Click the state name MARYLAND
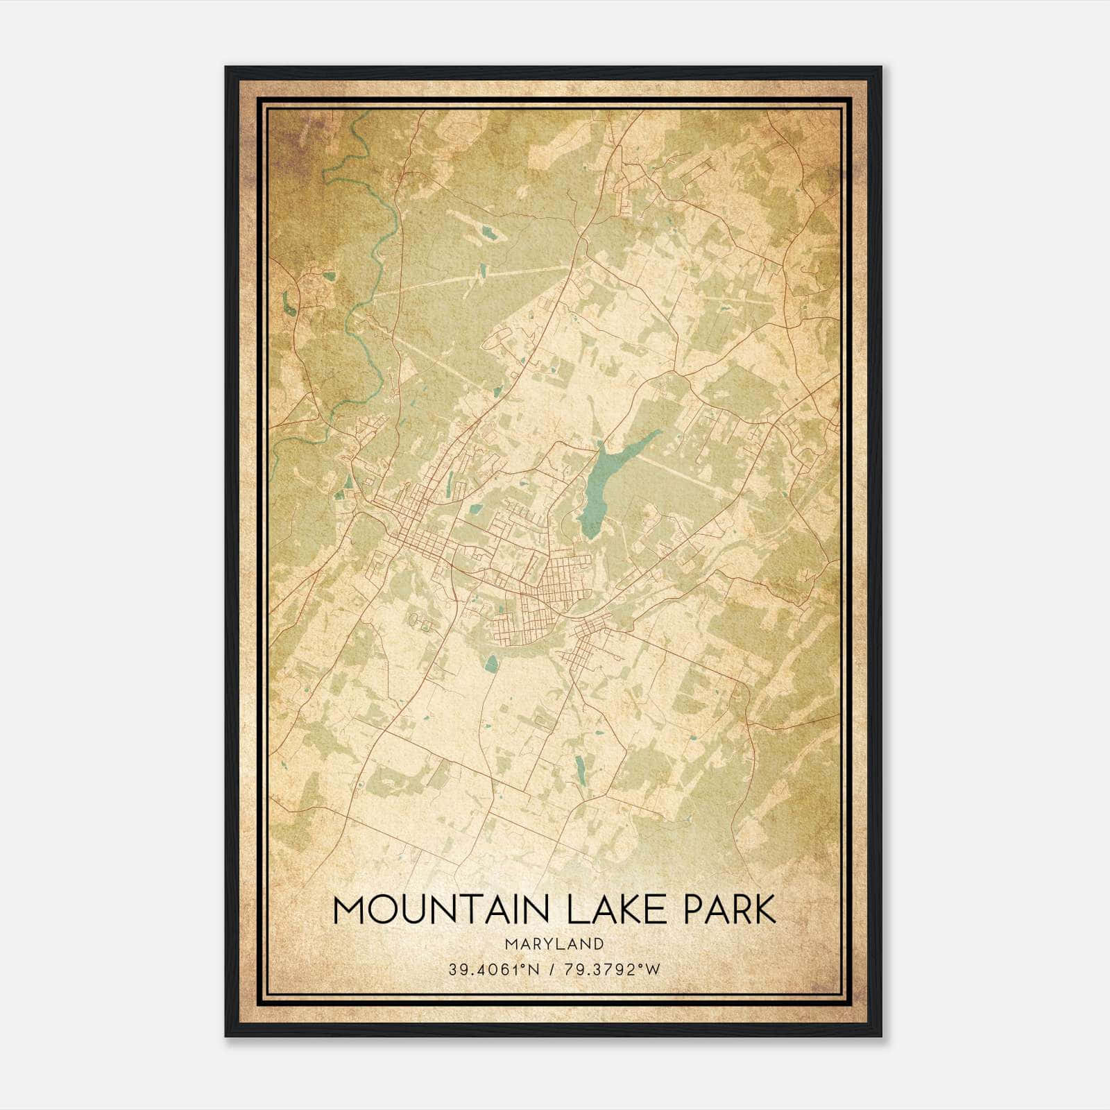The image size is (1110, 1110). [x=554, y=944]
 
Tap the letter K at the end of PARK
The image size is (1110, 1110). [x=765, y=910]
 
